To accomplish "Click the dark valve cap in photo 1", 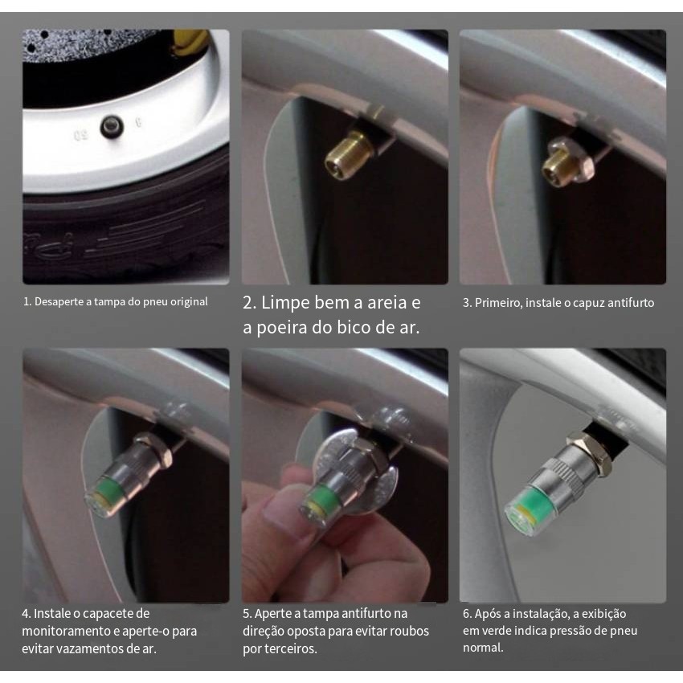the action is coord(112,127).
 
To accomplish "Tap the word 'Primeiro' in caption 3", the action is coord(498,303).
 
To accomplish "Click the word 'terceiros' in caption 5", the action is coord(292,648).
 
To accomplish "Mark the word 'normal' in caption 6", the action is coord(483,648).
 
